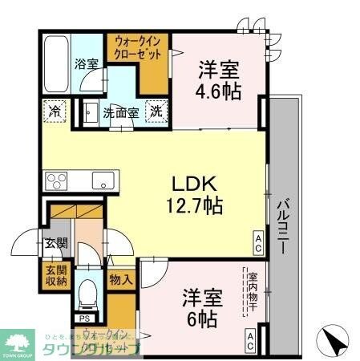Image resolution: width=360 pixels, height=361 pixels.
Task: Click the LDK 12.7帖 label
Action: (x=194, y=193)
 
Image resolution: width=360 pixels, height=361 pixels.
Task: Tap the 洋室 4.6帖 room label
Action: (x=218, y=79)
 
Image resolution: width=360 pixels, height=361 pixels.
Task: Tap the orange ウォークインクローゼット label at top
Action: (x=137, y=46)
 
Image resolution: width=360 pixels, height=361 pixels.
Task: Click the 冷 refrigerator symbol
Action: (x=55, y=112)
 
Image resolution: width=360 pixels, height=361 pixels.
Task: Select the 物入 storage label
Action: (x=121, y=280)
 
